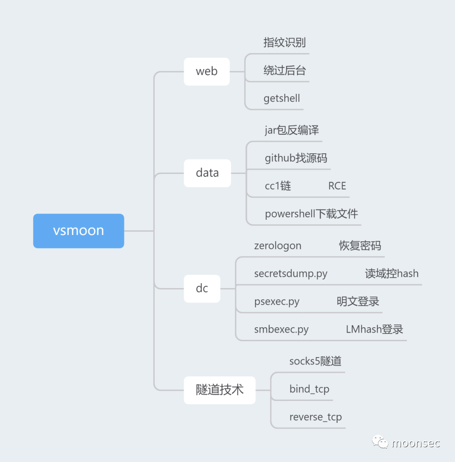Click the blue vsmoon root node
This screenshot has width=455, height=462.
tap(78, 231)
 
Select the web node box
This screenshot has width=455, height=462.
tap(207, 71)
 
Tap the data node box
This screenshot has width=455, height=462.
tap(207, 173)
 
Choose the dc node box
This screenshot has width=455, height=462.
tap(202, 288)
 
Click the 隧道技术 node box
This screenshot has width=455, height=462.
tap(219, 390)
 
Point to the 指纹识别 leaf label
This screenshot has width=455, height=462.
tap(284, 43)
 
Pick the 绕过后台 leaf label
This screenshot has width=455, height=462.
tap(284, 71)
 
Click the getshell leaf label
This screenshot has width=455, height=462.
tap(281, 99)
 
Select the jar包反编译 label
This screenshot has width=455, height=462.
tap(292, 130)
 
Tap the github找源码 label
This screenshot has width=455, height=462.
tap(296, 158)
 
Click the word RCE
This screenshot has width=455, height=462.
tap(337, 186)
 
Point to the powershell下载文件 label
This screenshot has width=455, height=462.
tap(311, 214)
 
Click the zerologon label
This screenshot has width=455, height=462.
tap(278, 246)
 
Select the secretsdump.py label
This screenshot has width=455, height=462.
tap(291, 274)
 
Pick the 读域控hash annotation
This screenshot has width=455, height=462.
tap(391, 274)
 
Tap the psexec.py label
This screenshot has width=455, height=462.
tap(277, 302)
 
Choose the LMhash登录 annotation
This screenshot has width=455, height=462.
tap(375, 329)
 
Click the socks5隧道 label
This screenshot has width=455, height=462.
tap(315, 361)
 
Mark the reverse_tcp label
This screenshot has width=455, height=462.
tap(316, 417)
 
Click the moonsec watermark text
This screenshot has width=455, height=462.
tap(416, 443)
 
